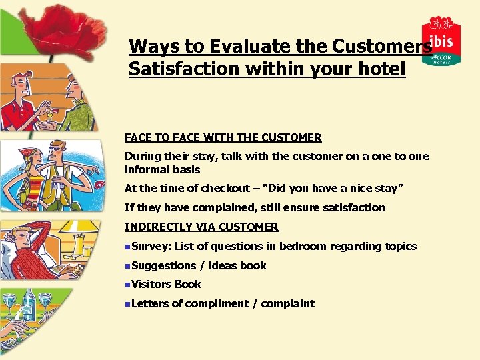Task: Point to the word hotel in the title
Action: tap(379, 68)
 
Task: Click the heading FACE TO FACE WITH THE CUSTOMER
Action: tap(223, 138)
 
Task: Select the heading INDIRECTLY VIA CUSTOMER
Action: tap(201, 227)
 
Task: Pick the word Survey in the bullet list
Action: tap(150, 246)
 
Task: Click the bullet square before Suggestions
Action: tap(127, 265)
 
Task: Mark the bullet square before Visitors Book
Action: tap(127, 284)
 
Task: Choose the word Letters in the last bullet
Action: tap(150, 303)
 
